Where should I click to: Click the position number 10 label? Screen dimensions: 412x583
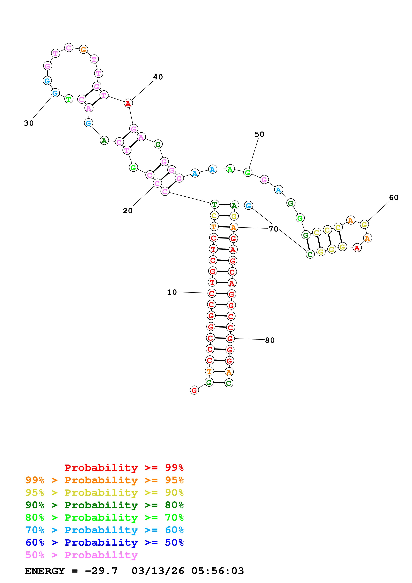[x=172, y=292]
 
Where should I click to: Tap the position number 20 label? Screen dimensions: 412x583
[x=127, y=211]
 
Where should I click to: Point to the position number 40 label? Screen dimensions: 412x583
[x=158, y=77]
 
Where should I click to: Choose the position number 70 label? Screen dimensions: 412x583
[x=273, y=229]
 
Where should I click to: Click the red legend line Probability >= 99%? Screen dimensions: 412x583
[x=124, y=468]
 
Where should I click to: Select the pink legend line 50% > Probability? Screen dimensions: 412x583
[x=81, y=555]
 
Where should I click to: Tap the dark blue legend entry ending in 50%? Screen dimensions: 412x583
[x=104, y=543]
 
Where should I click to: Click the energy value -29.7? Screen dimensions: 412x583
[x=101, y=571]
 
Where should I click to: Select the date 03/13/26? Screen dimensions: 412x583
[x=158, y=571]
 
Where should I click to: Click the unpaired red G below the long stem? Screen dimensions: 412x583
[x=194, y=390]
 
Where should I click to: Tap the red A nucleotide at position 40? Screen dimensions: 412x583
[x=128, y=103]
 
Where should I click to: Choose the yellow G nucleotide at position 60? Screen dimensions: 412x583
[x=364, y=225]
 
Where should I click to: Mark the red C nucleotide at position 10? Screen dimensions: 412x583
[x=212, y=293]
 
